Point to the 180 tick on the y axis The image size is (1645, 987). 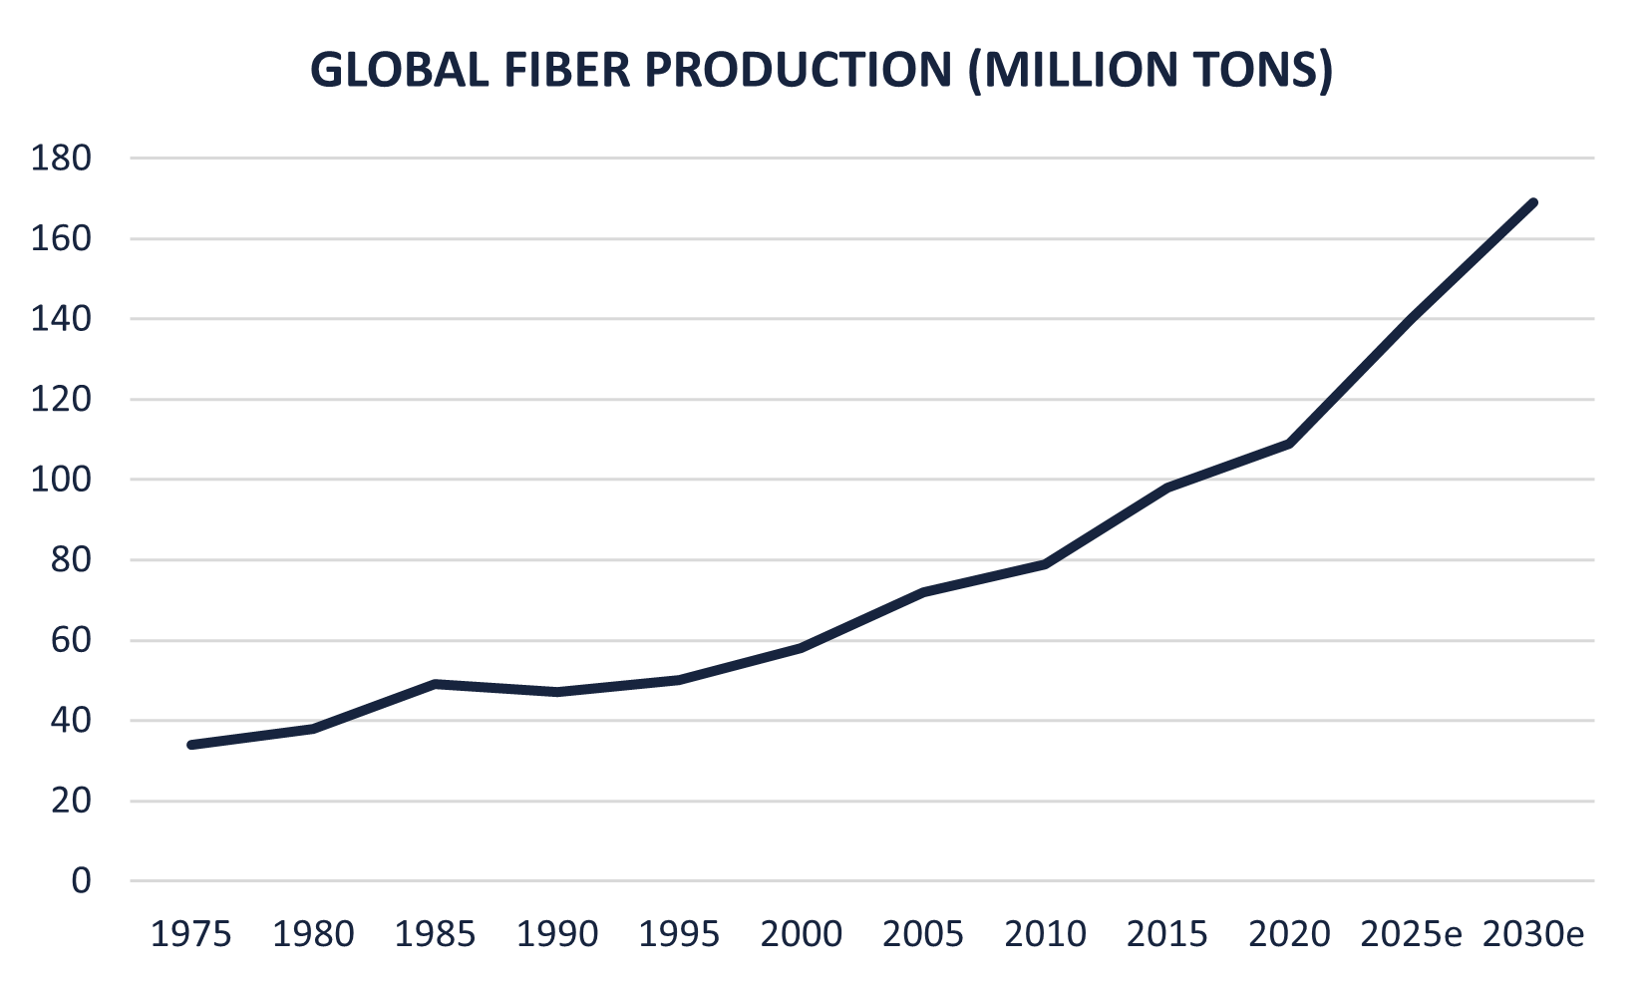[61, 159]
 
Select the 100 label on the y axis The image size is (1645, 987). [61, 480]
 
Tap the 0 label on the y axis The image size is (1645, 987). [80, 881]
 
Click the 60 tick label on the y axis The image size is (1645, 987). [70, 640]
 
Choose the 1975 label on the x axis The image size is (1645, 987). [190, 935]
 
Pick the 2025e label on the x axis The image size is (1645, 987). [1412, 935]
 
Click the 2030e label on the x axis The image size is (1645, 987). [1533, 935]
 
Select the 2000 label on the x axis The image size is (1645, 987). [802, 935]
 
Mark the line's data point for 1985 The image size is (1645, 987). [436, 684]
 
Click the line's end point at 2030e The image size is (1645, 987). [1533, 203]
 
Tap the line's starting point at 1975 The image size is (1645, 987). [191, 745]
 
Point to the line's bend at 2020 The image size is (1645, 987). [1290, 443]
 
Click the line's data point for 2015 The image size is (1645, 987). [1167, 488]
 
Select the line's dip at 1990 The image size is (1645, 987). [557, 692]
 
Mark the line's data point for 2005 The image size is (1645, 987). [924, 592]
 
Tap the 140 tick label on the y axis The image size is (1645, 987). [61, 319]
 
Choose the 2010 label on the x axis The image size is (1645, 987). [1046, 935]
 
